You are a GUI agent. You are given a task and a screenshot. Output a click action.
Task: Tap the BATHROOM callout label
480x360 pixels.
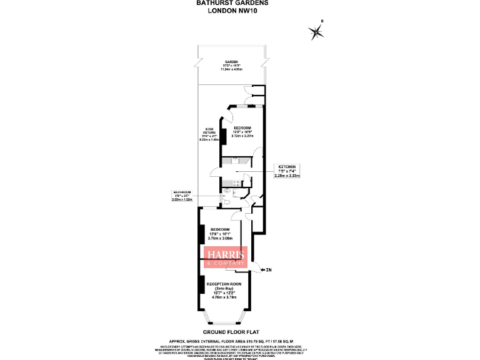(182, 196)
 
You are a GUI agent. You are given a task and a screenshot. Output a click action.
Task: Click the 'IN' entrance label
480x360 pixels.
(269, 270)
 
